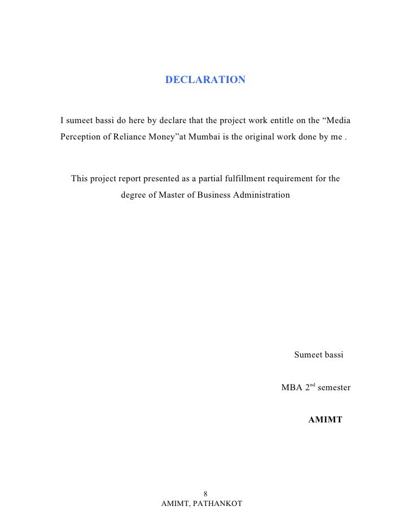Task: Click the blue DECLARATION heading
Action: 205,80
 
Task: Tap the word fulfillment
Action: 244,179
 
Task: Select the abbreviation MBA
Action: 292,388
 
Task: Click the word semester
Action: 334,388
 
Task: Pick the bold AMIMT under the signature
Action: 325,420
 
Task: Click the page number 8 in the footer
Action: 205,492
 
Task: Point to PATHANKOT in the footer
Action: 217,503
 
